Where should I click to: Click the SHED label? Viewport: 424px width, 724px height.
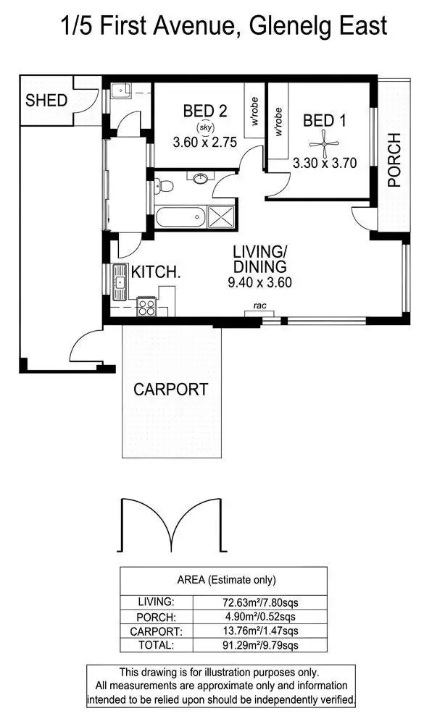pyautogui.click(x=46, y=100)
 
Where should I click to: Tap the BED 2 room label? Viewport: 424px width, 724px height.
pyautogui.click(x=205, y=111)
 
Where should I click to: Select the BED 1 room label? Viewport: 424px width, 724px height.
pyautogui.click(x=324, y=120)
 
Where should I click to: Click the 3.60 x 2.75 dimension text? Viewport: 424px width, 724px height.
pyautogui.click(x=205, y=143)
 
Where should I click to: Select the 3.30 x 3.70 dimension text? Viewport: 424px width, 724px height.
pyautogui.click(x=325, y=164)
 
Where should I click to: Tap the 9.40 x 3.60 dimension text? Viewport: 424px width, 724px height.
pyautogui.click(x=259, y=283)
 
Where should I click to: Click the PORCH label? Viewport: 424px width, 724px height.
pyautogui.click(x=394, y=160)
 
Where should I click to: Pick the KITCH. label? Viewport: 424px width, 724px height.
pyautogui.click(x=156, y=272)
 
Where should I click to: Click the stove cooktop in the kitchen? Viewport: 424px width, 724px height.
pyautogui.click(x=146, y=307)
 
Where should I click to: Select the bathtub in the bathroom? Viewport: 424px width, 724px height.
pyautogui.click(x=179, y=216)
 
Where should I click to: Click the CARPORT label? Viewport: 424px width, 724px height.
pyautogui.click(x=170, y=389)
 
